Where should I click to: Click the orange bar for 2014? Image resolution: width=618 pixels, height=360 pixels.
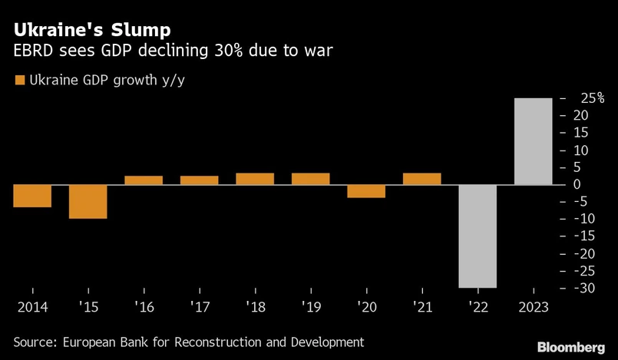(32, 196)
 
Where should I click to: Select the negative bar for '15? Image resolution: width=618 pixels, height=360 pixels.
(88, 202)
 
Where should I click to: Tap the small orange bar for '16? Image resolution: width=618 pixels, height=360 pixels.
(144, 180)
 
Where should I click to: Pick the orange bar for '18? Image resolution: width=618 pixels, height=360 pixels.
(255, 179)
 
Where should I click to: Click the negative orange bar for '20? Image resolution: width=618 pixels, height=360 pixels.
(366, 191)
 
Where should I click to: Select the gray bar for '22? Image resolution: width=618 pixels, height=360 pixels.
(478, 236)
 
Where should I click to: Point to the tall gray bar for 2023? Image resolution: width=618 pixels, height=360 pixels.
(533, 141)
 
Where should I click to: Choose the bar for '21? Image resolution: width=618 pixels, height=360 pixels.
(421, 179)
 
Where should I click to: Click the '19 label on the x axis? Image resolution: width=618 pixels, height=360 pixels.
(310, 306)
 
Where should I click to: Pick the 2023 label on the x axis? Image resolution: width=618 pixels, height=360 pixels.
(533, 306)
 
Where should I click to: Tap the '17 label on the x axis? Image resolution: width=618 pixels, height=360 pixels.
(199, 306)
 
